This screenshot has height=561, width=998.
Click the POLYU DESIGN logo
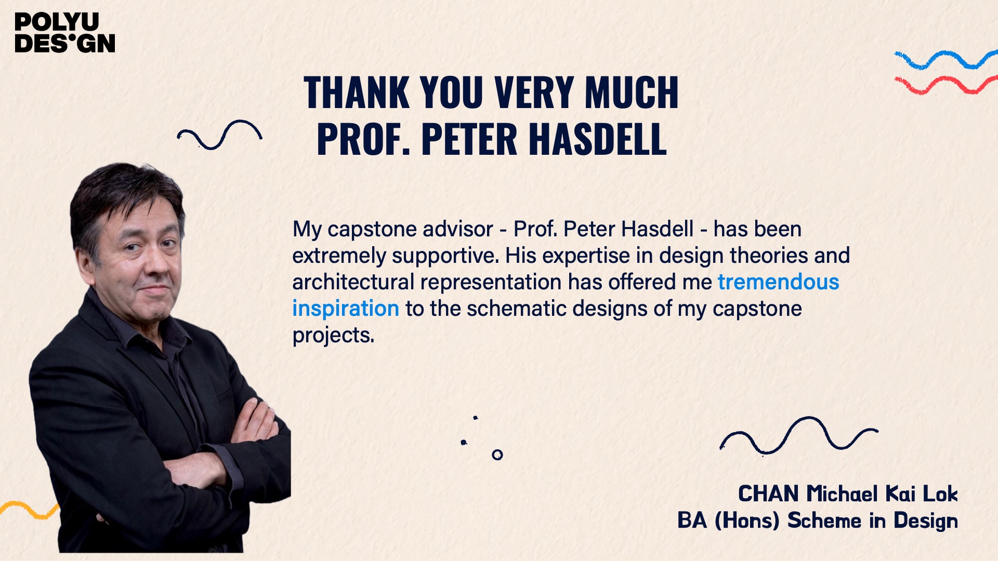pyautogui.click(x=65, y=33)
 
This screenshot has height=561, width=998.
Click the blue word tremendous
pyautogui.click(x=779, y=282)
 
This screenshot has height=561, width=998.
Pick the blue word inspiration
pyautogui.click(x=346, y=309)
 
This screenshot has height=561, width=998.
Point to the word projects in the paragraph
pyautogui.click(x=333, y=336)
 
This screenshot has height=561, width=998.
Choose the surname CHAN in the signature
pyautogui.click(x=769, y=493)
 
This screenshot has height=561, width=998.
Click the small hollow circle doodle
pyautogui.click(x=497, y=455)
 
